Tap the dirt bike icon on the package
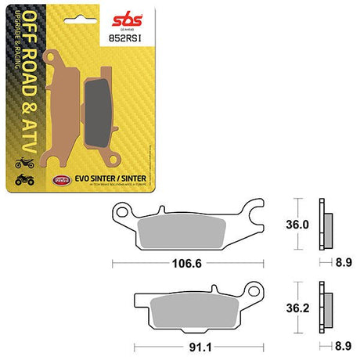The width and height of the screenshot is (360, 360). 23,164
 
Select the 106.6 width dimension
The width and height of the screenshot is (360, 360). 187,263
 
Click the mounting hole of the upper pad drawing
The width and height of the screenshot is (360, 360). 122,212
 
